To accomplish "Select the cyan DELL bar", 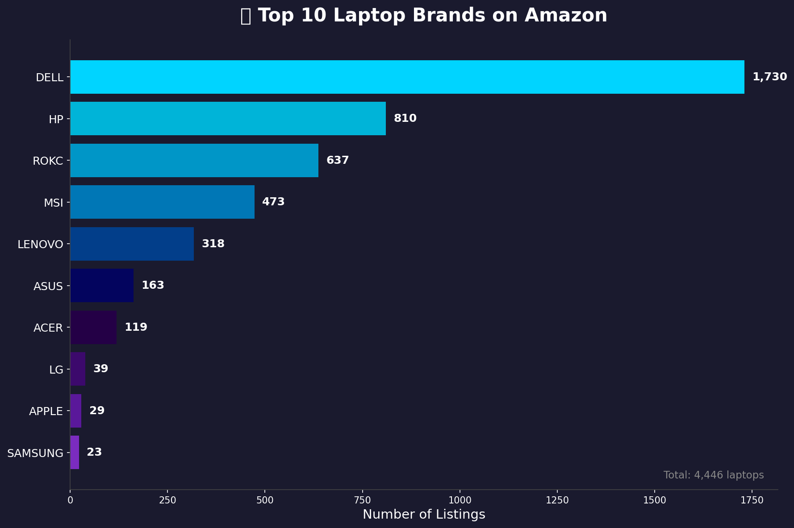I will click(x=407, y=77).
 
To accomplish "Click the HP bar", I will click(x=228, y=119).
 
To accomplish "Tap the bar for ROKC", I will click(x=194, y=160).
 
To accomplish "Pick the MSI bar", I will click(x=162, y=202).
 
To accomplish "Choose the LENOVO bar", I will click(x=132, y=244).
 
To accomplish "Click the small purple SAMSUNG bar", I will click(x=75, y=453).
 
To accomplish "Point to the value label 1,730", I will click(x=769, y=77).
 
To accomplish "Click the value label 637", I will click(x=338, y=160).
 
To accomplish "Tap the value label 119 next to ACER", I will click(x=136, y=327).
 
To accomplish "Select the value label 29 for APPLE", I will click(x=97, y=411).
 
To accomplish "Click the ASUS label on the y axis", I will click(x=48, y=286).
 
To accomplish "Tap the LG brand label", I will click(x=56, y=370).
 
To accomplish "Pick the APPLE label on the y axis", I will click(x=46, y=411).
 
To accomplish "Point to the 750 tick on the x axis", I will click(x=362, y=500).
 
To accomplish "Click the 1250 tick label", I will click(x=557, y=500).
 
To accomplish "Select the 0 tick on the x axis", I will click(x=70, y=500).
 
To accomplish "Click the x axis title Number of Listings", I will click(x=423, y=515).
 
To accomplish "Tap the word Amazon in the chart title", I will click(x=565, y=16).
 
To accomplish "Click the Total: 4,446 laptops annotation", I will click(x=713, y=475).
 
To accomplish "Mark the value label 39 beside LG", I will click(x=100, y=369).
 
